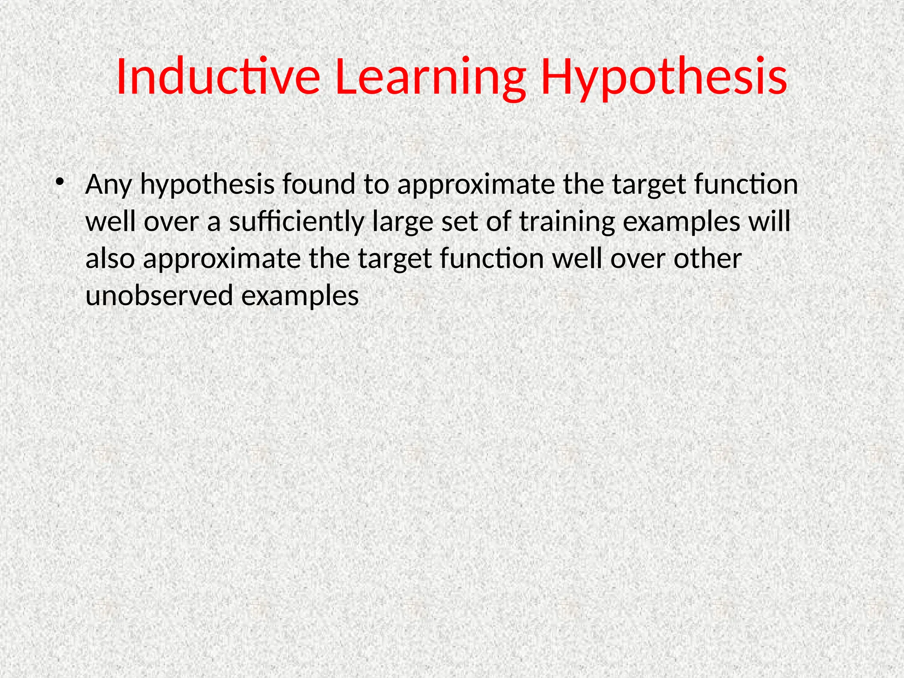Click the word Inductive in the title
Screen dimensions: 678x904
point(218,77)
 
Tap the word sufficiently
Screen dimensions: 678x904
point(296,222)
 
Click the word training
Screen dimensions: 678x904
point(567,222)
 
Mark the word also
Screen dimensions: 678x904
point(110,259)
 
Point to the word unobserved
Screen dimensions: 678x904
point(159,296)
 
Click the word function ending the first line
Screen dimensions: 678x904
point(746,185)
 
